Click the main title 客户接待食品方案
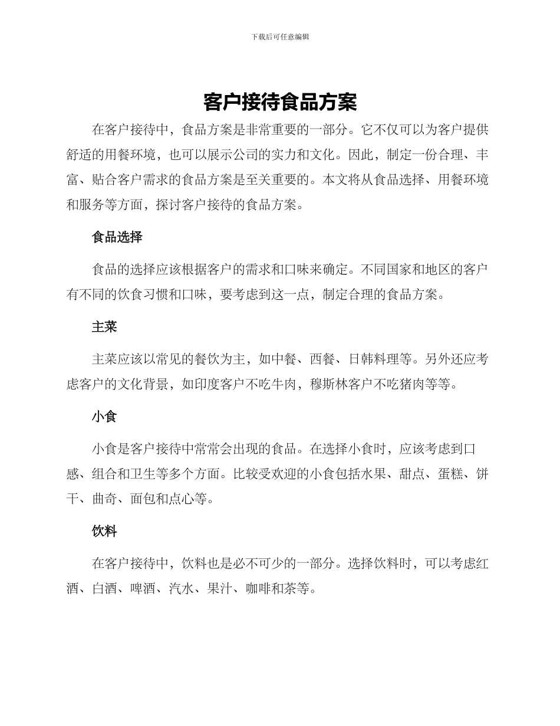(x=280, y=102)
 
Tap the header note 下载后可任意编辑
(x=280, y=37)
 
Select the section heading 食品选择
(x=117, y=237)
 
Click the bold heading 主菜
(x=104, y=327)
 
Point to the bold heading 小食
(x=104, y=417)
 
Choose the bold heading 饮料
(x=104, y=531)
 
